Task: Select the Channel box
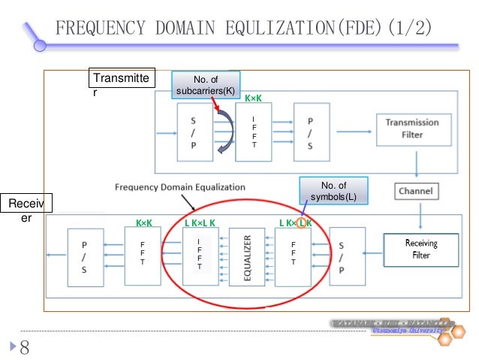click(414, 190)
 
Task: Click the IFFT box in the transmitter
click(253, 132)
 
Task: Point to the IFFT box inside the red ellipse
click(199, 256)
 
